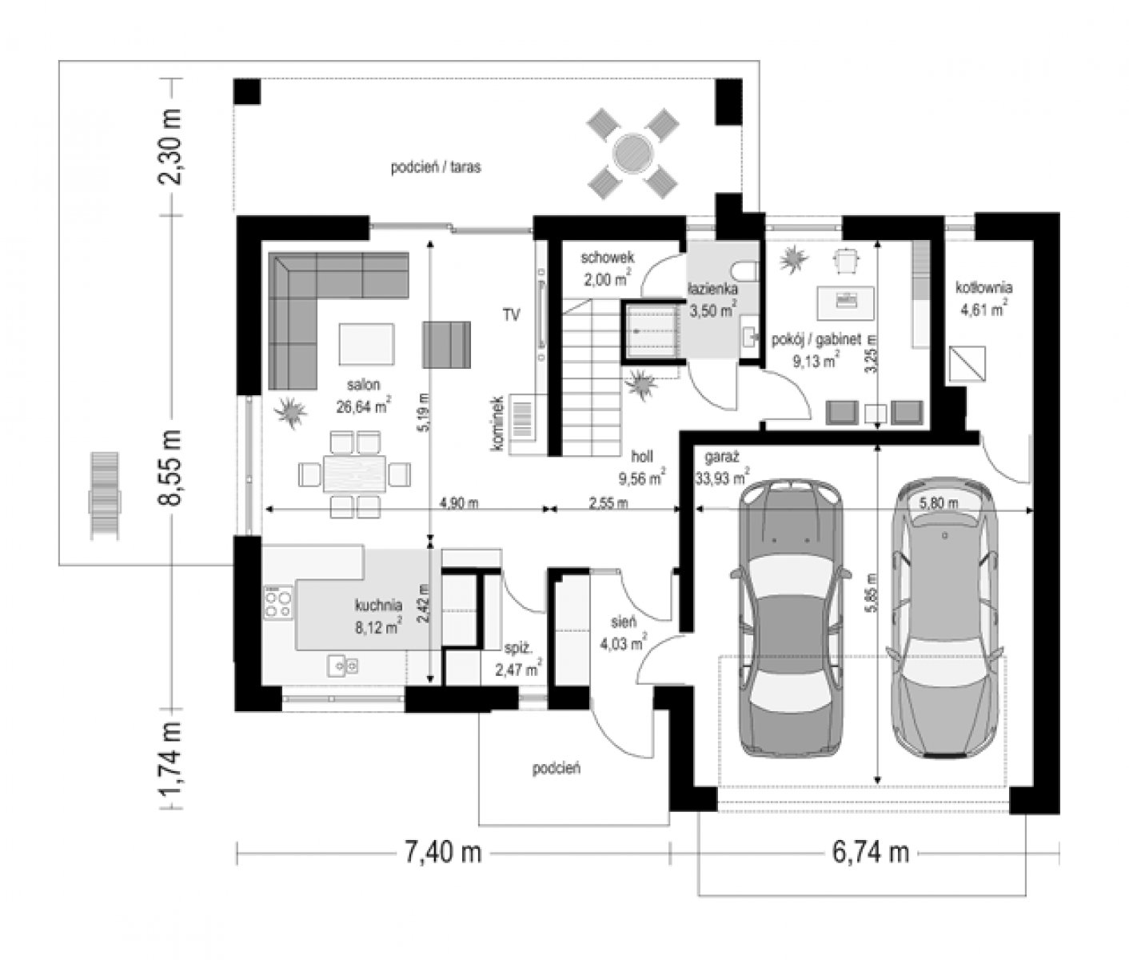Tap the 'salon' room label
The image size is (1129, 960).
click(x=363, y=385)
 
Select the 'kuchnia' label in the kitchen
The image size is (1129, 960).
click(x=378, y=605)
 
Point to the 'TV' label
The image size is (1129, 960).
click(x=511, y=314)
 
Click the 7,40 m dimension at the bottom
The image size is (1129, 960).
click(x=442, y=853)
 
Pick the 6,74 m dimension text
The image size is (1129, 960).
click(x=871, y=853)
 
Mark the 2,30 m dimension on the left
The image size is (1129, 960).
click(x=170, y=147)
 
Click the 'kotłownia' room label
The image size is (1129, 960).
click(x=983, y=287)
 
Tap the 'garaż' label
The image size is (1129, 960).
click(x=721, y=457)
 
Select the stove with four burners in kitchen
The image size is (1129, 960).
click(x=278, y=602)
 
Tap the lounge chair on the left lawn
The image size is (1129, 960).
click(x=104, y=495)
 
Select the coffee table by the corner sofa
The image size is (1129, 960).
click(x=366, y=344)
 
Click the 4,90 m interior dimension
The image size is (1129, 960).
click(x=458, y=502)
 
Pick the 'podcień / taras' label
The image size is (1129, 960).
click(x=436, y=167)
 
